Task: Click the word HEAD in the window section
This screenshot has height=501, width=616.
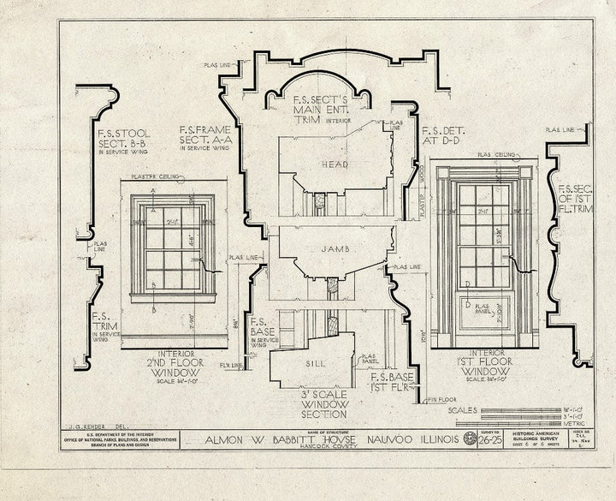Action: click(335, 164)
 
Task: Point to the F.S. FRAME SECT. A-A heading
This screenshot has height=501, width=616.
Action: click(204, 137)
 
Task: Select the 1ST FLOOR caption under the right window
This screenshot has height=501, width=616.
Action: click(483, 359)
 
